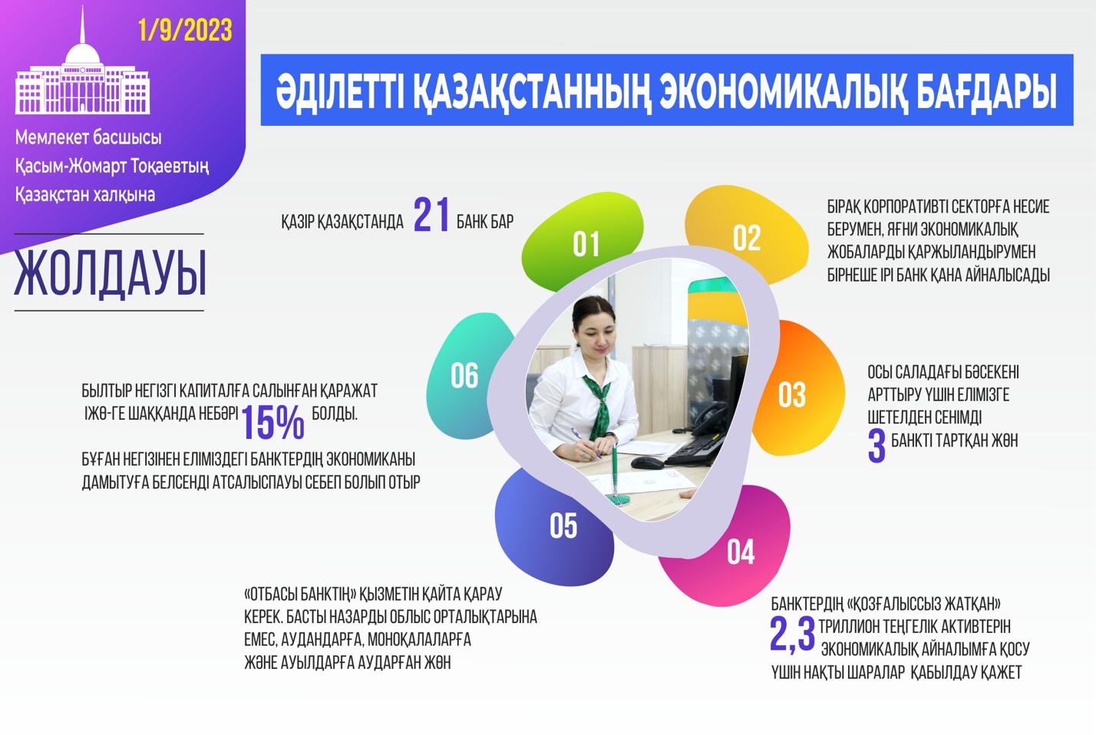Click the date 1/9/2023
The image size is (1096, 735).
pyautogui.click(x=185, y=31)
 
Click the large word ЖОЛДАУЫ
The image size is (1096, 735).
pyautogui.click(x=110, y=273)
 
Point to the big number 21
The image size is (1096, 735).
pyautogui.click(x=431, y=215)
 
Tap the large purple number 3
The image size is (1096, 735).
pyautogui.click(x=876, y=446)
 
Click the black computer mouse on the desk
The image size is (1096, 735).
pyautogui.click(x=647, y=462)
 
